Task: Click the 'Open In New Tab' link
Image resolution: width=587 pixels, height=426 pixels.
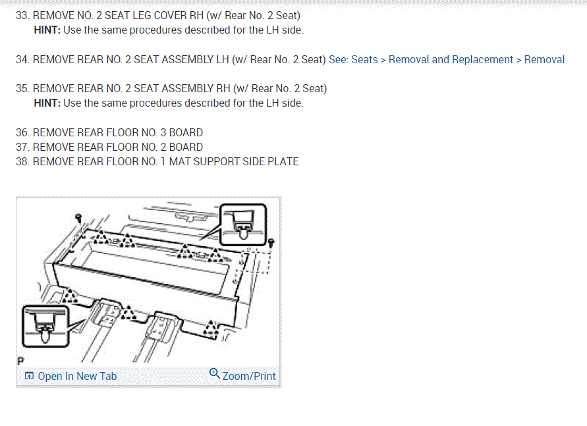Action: point(77,376)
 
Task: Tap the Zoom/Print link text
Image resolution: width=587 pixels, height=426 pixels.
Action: point(249,376)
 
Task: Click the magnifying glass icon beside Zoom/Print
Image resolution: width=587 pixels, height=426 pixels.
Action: point(214,374)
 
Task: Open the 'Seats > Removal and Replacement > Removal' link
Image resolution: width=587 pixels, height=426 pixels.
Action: point(447,59)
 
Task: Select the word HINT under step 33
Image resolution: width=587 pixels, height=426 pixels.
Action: point(47,30)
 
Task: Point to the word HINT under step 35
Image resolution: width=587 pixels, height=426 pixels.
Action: point(47,103)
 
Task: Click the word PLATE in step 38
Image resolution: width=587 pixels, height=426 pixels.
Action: point(283,161)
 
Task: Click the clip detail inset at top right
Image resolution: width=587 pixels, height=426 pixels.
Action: point(242,223)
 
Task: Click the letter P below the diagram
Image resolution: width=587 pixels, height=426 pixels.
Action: point(20,361)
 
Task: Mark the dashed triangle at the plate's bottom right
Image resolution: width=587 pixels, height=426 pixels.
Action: point(211,327)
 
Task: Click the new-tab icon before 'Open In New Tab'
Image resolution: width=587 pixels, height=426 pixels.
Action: point(29,376)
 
